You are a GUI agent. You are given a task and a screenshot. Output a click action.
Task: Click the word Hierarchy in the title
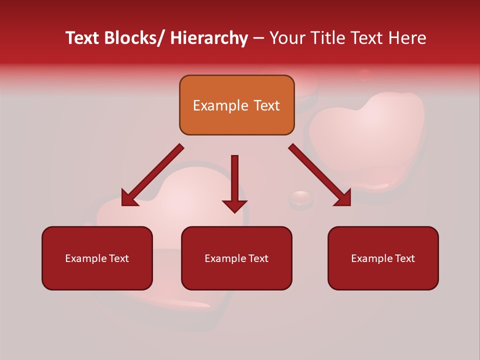click(x=209, y=38)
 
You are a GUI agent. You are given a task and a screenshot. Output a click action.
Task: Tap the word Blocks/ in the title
click(x=134, y=38)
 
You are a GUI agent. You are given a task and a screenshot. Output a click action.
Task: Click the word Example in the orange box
click(x=220, y=105)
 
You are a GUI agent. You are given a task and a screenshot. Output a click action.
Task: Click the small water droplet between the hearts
click(x=301, y=198)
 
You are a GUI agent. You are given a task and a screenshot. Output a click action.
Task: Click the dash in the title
click(x=258, y=38)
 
